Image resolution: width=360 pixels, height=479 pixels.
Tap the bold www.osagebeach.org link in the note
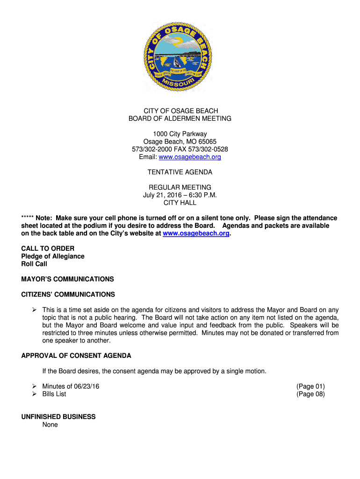coord(196,233)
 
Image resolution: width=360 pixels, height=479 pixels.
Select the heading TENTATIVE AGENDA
coord(180,172)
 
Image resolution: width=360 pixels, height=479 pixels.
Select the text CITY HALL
coord(180,203)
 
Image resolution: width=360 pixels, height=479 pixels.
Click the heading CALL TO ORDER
coord(48,248)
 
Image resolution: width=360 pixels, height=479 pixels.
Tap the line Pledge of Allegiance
coord(53,256)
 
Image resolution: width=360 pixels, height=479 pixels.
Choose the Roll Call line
coord(34,264)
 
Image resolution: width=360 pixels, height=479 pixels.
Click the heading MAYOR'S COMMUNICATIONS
coord(67,279)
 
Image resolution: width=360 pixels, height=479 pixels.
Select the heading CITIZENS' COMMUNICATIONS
coord(68,295)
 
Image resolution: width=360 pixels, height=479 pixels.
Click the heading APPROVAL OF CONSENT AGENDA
coord(76,356)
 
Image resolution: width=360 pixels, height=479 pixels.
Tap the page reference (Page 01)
coord(310,386)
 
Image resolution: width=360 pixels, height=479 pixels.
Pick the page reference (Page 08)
coord(310,394)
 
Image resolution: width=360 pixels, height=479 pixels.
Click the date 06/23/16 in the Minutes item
coord(86,386)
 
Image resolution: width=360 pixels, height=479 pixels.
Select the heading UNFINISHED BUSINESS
coord(58,417)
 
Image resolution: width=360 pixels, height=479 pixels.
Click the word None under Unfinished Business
coord(50,425)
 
